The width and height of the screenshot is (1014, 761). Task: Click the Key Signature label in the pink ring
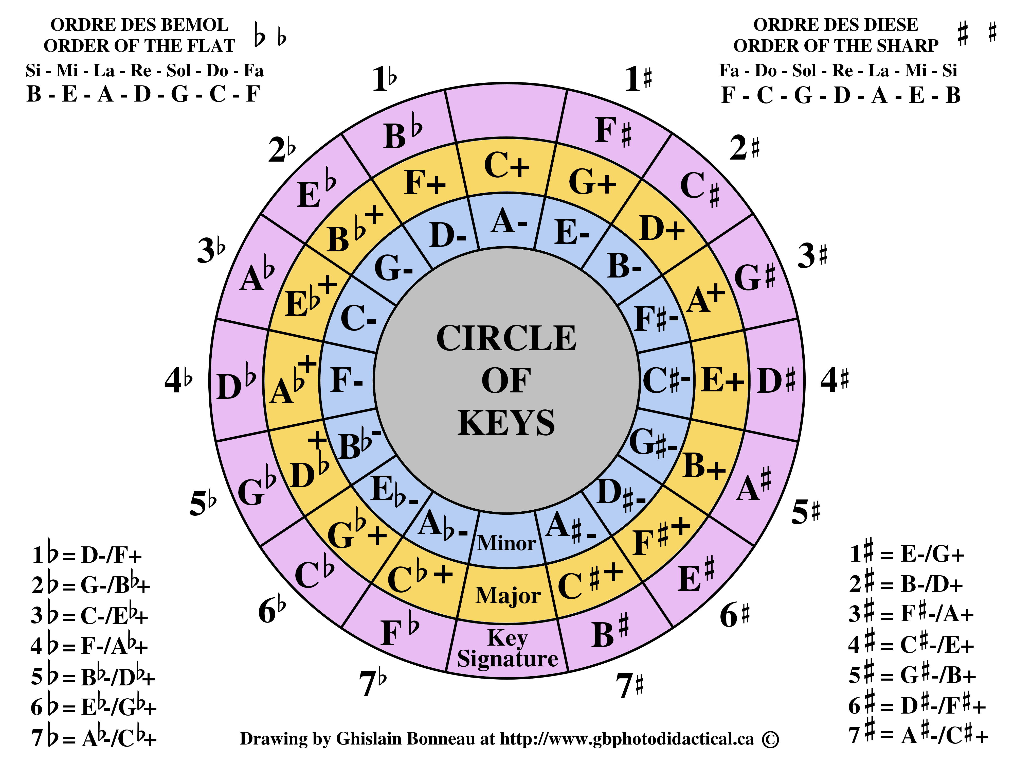point(508,648)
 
